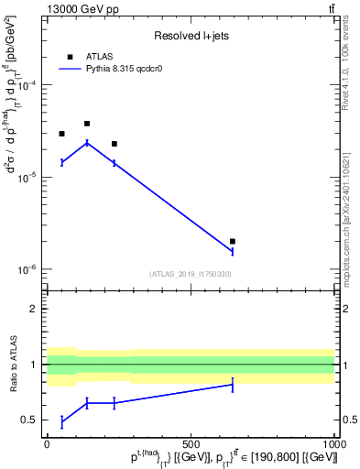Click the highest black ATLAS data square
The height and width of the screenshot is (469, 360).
coord(87,124)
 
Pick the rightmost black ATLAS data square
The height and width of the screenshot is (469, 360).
coord(233,242)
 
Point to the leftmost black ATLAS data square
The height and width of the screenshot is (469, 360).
coord(61,134)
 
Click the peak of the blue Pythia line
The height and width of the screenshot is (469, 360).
coord(87,142)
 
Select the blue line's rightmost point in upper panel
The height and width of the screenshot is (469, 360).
coord(233,251)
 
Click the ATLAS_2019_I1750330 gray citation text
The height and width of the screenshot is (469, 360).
coord(191,274)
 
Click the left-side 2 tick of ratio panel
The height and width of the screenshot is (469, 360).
coord(36,310)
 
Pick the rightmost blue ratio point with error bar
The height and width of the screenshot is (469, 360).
coord(233,385)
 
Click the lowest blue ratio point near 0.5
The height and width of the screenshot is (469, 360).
coord(61,421)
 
